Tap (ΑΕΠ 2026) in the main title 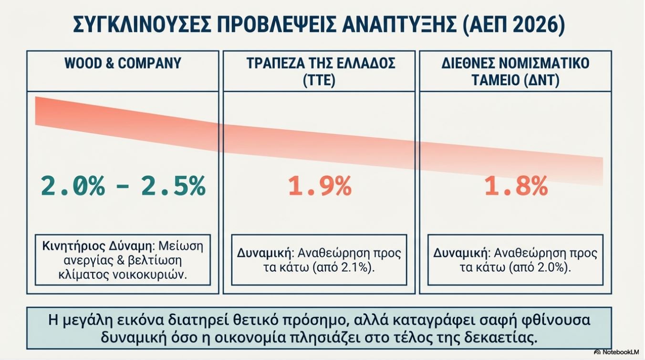pos(513,25)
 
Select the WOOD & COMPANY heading pos(123,63)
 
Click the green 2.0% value pos(73,186)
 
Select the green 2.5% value pos(173,186)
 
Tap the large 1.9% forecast pos(320,186)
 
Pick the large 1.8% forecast pos(516,186)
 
